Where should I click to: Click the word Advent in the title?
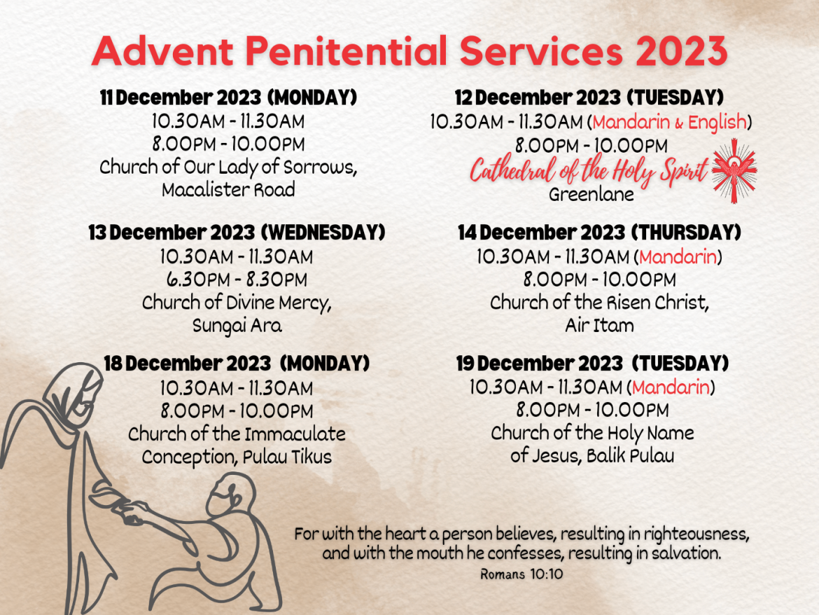(162, 51)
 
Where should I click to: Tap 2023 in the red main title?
(682, 51)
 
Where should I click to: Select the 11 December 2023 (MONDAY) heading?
(228, 97)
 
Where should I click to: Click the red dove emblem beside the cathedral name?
(734, 170)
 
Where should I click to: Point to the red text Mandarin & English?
(669, 123)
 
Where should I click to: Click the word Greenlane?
(591, 194)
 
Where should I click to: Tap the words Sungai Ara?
(237, 326)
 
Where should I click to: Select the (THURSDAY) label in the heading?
(686, 233)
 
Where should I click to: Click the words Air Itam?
(599, 325)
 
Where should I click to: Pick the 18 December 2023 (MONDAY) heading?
(237, 363)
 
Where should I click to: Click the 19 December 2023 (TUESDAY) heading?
(592, 363)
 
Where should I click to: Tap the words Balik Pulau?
(630, 455)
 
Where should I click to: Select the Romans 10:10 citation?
(521, 574)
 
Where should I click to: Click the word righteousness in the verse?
(696, 534)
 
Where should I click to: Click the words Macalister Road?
(228, 189)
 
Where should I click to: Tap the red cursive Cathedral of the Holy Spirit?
(589, 170)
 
